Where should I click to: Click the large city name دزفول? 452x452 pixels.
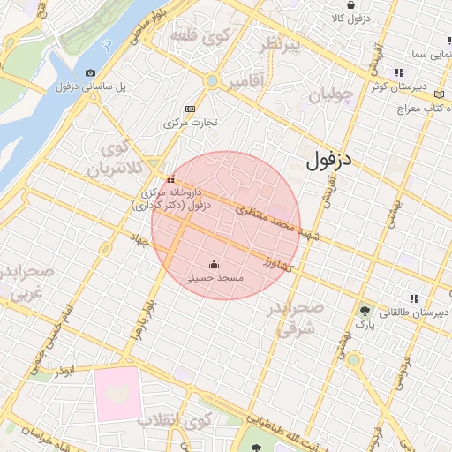335,161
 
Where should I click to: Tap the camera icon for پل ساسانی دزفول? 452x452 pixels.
91,72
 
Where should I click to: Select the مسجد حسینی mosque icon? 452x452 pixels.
214,264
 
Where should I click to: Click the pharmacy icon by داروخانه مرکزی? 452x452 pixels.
170,180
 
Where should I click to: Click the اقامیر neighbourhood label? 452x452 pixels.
245,83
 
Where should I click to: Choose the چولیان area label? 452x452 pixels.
332,93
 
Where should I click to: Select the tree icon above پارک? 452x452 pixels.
365,311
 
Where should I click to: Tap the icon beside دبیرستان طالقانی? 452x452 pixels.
414,298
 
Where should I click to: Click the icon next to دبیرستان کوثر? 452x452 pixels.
400,73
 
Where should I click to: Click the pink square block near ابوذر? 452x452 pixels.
117,393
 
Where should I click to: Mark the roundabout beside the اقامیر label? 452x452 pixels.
212,81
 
